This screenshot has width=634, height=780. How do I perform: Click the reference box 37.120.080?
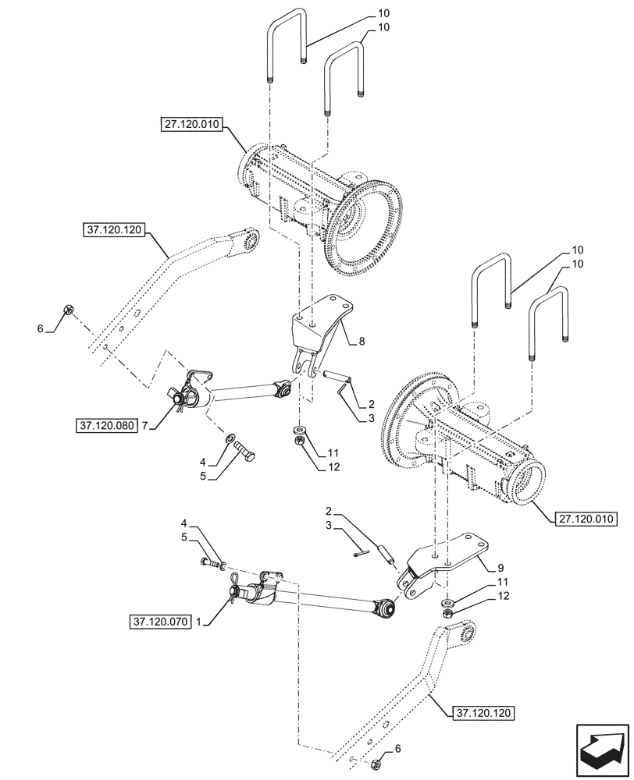point(107,426)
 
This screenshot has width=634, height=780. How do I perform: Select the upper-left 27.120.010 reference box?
point(192,124)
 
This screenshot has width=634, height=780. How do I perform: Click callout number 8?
point(362,340)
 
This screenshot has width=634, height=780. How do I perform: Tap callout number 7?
point(144,426)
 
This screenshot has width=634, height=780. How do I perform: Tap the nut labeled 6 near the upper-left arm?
point(68,311)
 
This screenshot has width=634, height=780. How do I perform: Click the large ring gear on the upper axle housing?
point(364,229)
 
